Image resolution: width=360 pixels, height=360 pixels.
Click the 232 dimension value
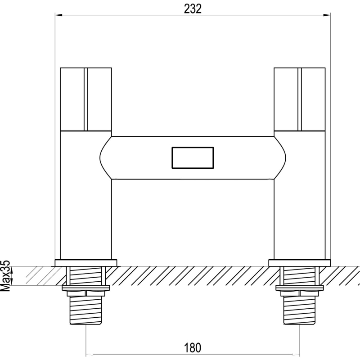(x=193, y=9)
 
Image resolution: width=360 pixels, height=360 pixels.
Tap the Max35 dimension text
(x=5, y=279)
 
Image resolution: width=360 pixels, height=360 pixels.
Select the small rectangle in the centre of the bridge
(x=193, y=158)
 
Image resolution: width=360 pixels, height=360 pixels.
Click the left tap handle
(x=86, y=99)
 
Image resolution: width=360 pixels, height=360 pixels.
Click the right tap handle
(x=300, y=99)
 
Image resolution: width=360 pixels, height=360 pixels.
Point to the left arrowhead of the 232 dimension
(x=58, y=15)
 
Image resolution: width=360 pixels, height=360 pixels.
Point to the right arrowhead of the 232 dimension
(x=327, y=15)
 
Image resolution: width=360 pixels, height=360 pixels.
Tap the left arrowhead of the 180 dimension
(x=89, y=354)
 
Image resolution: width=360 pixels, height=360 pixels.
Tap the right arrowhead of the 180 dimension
(x=296, y=354)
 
